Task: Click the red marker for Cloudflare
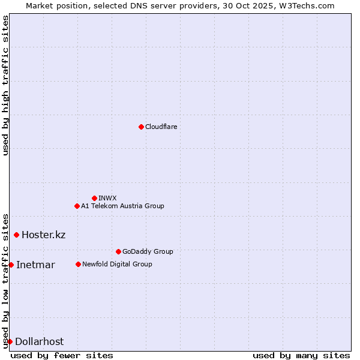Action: [141, 127]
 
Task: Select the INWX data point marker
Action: [94, 198]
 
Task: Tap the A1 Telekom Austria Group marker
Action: [77, 206]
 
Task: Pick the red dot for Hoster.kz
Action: [16, 235]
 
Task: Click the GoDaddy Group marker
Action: [118, 251]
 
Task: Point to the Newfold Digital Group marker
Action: [78, 264]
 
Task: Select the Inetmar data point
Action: [11, 265]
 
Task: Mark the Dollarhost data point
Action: [10, 341]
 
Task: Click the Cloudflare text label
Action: [161, 127]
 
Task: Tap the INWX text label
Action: [107, 198]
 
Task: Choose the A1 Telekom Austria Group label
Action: [122, 206]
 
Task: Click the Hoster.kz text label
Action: [43, 235]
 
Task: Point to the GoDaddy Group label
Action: [148, 251]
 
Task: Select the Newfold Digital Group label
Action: [117, 264]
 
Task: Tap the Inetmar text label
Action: [35, 265]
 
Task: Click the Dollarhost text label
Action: [39, 341]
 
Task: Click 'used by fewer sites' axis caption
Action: [62, 355]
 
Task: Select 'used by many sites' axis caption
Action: [301, 355]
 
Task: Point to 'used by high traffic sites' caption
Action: [5, 85]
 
